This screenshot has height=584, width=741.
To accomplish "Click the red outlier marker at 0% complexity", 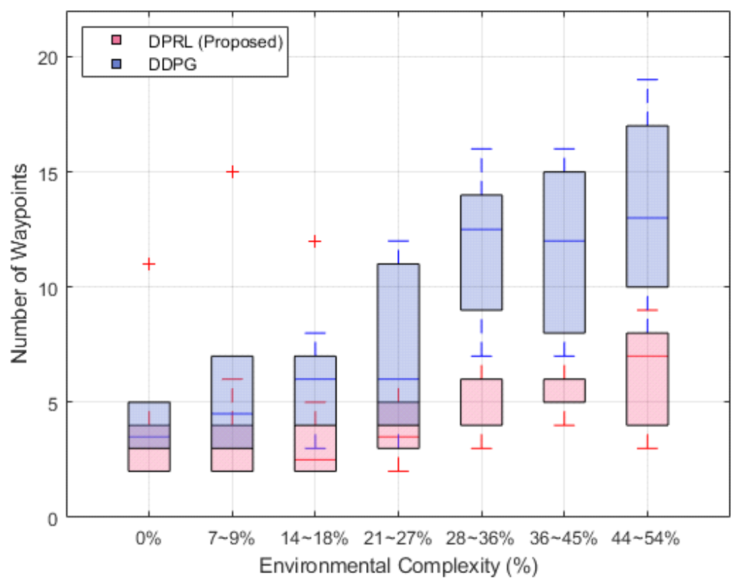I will point(149,264).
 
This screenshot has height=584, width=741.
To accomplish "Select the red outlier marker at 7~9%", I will point(232,172).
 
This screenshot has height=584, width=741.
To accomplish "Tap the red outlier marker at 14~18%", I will point(315,241).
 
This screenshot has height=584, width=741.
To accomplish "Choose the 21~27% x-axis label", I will point(398,539).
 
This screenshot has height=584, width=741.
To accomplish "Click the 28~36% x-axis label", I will point(481,539).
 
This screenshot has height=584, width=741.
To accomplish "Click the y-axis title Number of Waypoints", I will point(22,264).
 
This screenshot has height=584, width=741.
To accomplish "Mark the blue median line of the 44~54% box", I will point(647,218).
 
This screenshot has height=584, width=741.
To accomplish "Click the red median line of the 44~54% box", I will point(647,356).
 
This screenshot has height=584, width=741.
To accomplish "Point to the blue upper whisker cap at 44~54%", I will point(647,80).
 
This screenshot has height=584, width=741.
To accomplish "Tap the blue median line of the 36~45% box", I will point(564,241).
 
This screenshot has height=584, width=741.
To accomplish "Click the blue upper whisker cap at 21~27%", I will point(398,241).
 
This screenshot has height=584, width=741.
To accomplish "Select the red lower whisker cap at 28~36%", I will point(481,449).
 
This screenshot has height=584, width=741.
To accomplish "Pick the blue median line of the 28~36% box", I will point(481,229).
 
